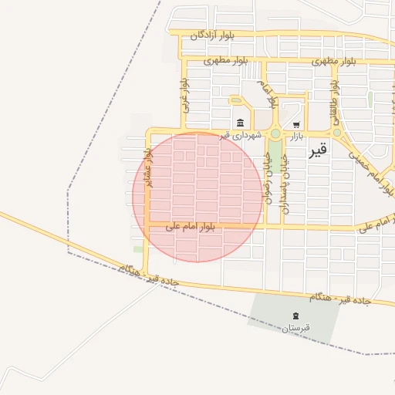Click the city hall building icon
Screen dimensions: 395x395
coord(241,123)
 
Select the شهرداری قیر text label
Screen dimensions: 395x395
coord(241,135)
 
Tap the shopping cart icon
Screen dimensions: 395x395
coord(296,123)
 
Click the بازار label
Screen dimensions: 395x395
coord(297,136)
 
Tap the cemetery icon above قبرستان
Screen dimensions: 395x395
coord(295,315)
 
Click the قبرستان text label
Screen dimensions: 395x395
coord(295,328)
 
